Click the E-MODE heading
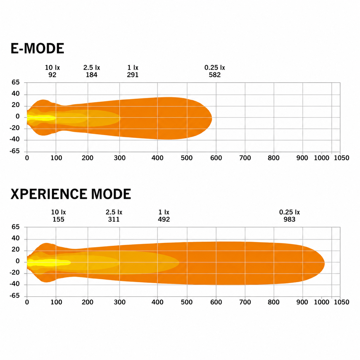click(37, 49)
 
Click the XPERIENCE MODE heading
click(71, 194)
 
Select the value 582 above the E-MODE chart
click(215, 75)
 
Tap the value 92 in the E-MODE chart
click(52, 75)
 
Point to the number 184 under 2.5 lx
click(92, 75)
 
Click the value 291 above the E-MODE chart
click(133, 75)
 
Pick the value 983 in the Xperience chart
click(289, 219)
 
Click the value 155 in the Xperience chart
click(59, 219)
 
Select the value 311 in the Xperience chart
click(114, 219)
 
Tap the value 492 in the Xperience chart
click(164, 219)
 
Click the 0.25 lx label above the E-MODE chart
click(215, 67)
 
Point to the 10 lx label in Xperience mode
click(59, 212)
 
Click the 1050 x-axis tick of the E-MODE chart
click(342, 158)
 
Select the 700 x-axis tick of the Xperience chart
click(245, 302)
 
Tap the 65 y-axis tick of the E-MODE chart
click(16, 82)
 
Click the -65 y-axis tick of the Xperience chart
click(15, 296)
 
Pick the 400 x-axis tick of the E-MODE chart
click(157, 158)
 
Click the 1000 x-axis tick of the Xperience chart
click(322, 302)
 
